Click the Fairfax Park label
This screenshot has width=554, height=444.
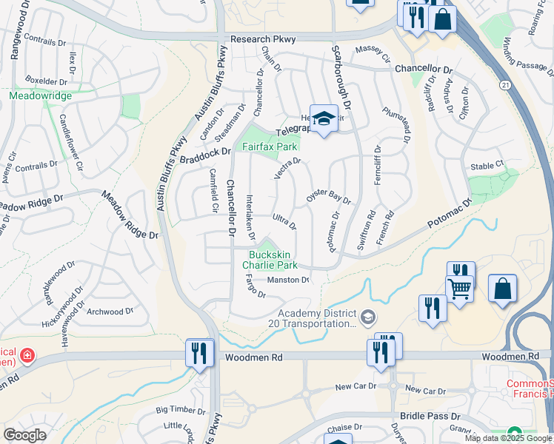(272, 147)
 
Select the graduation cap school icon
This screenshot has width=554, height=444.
(324, 119)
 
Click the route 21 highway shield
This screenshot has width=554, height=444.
(505, 86)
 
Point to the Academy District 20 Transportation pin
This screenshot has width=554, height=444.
(368, 318)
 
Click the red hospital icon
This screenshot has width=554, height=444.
(27, 356)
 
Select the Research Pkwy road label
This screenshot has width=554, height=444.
(263, 39)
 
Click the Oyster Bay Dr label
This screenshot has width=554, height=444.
(328, 195)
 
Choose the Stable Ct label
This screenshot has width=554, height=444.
(487, 166)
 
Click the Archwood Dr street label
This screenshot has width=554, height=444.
(110, 312)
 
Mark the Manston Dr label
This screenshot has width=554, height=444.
(287, 280)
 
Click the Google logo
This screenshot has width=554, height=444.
(24, 435)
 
